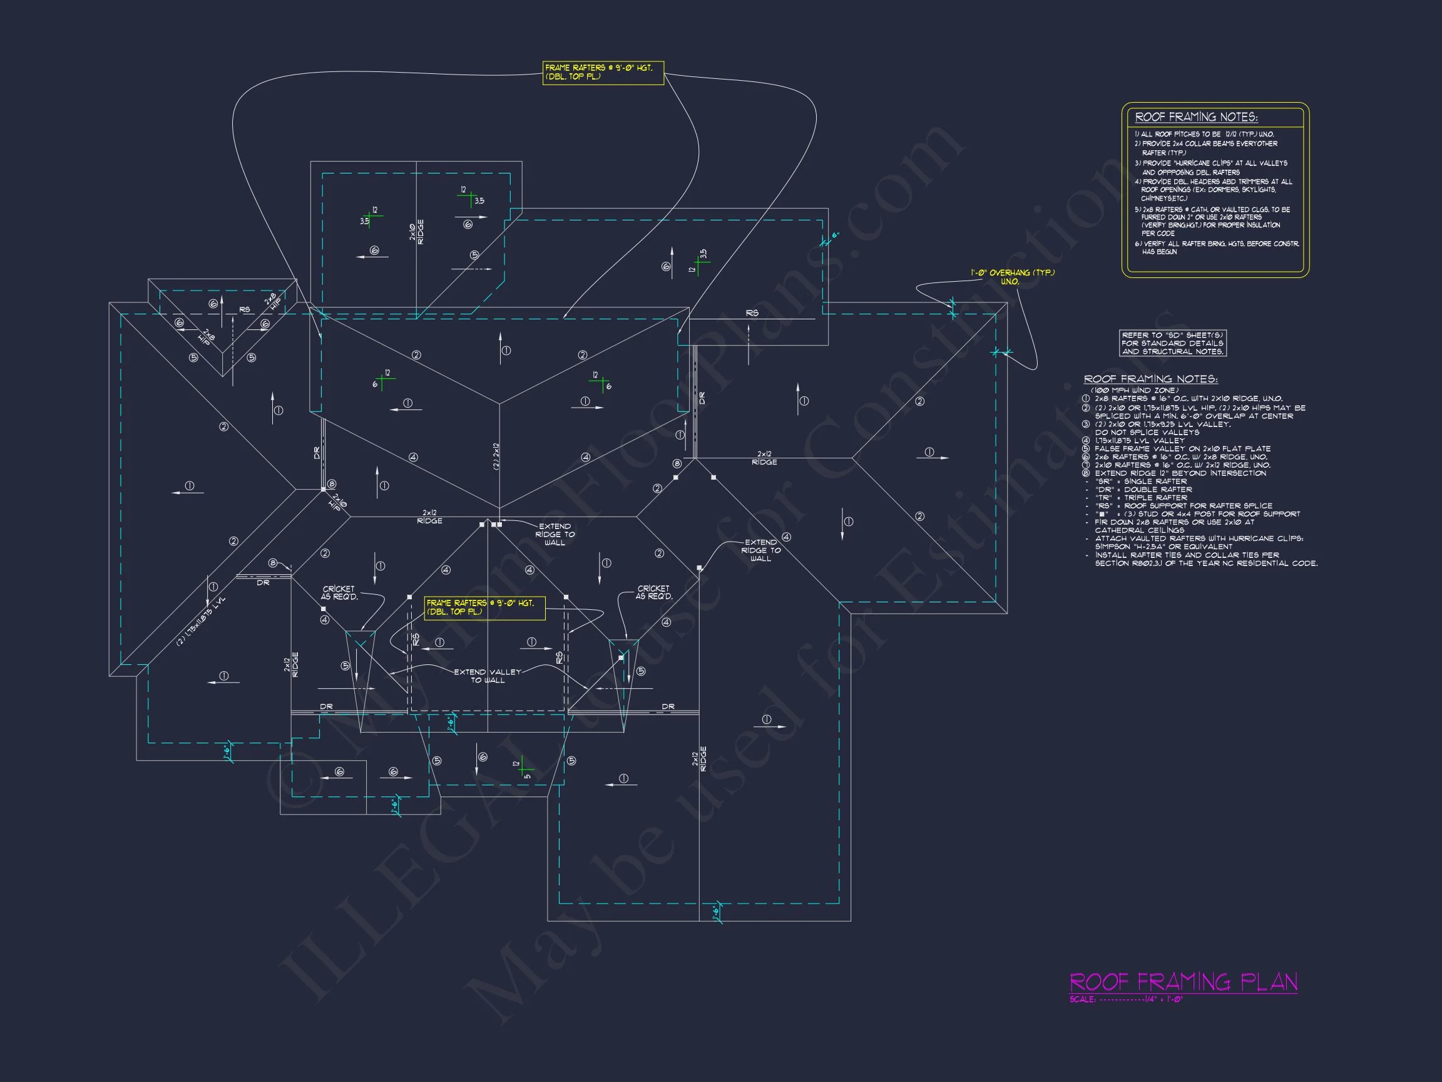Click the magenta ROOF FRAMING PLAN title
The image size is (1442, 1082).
(1183, 982)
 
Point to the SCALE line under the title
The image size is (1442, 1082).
(1126, 1000)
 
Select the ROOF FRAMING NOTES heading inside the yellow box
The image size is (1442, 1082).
(1196, 117)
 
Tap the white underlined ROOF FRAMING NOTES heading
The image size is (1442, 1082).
(1150, 379)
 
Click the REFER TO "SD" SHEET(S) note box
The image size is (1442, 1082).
(1172, 343)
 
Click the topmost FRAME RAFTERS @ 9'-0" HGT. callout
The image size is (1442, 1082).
(603, 73)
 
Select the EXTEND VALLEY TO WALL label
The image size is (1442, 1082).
(488, 676)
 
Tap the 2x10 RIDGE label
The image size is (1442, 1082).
(417, 232)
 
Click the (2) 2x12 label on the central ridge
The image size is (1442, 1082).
(496, 456)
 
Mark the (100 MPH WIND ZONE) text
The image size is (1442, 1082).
(1134, 390)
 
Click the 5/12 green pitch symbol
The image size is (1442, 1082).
(523, 768)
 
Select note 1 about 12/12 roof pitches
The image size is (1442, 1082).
(1204, 135)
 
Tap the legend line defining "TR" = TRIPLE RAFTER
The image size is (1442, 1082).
(1141, 498)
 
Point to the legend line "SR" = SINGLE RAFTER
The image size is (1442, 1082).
(1141, 482)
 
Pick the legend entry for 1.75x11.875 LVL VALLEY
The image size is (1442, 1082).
(1140, 440)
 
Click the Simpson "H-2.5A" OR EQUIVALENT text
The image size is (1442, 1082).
(1163, 547)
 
